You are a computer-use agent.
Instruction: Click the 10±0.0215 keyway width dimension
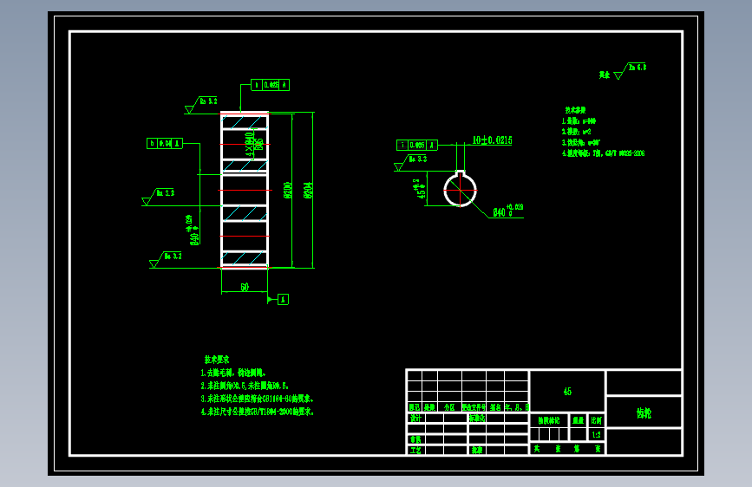(492, 140)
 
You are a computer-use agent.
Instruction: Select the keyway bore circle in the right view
(460, 191)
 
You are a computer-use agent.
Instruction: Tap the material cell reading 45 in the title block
(567, 392)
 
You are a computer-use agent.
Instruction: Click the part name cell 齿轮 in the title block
(644, 413)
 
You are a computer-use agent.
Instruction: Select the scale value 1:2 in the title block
(596, 435)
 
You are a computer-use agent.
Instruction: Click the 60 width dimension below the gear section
(245, 286)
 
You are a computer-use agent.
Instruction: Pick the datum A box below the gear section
(283, 299)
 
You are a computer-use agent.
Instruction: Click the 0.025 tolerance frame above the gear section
(270, 85)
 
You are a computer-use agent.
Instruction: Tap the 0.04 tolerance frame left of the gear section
(165, 144)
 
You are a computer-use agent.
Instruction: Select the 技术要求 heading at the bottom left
(217, 358)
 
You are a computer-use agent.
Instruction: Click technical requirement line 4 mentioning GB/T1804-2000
(258, 412)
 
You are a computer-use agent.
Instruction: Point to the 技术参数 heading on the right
(575, 111)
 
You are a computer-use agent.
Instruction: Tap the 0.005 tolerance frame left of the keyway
(414, 145)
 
